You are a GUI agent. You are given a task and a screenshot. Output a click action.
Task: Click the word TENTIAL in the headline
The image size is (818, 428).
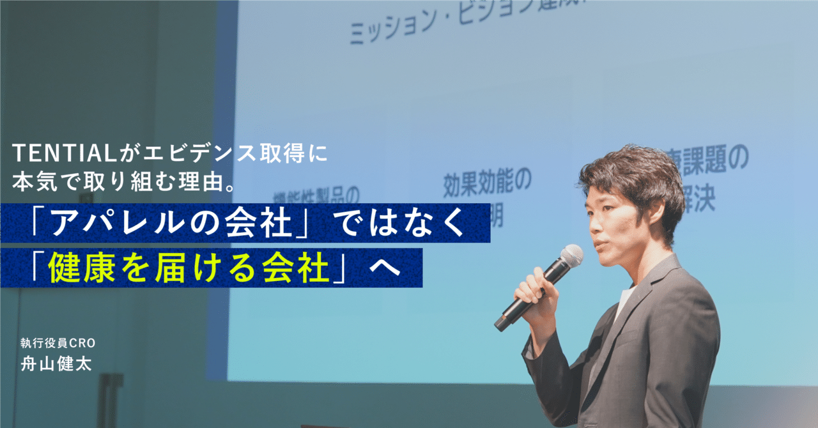click(x=61, y=154)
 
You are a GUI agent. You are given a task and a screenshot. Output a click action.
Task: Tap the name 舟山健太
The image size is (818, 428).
click(x=56, y=364)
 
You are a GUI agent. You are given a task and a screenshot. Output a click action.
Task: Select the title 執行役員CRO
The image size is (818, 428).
click(x=58, y=343)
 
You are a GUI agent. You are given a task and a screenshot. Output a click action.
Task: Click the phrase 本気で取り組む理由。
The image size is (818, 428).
click(x=125, y=183)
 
